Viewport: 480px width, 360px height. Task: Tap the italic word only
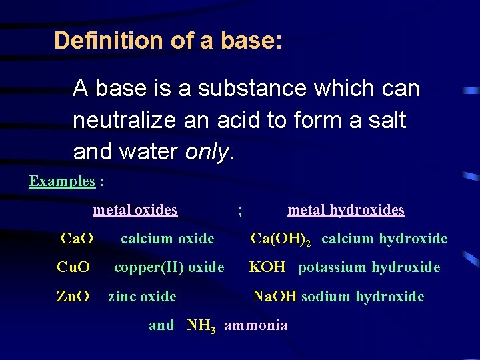pos(207,152)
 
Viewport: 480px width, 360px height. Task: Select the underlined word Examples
pos(62,181)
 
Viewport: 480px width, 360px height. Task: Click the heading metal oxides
pos(135,210)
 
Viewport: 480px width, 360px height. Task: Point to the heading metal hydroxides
pos(345,210)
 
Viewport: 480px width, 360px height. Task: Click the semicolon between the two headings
pos(240,211)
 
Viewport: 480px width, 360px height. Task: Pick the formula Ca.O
pos(77,239)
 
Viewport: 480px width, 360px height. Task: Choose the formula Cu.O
pos(73,267)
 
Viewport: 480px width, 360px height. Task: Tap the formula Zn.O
pos(73,296)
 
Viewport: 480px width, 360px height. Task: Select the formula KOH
pos(267,267)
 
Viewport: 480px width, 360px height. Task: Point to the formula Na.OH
pos(275,296)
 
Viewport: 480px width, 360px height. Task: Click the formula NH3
pos(201,326)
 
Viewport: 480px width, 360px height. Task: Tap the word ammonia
pos(256,325)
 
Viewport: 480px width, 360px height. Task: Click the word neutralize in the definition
pos(127,121)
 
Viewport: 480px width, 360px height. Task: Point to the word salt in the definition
pos(385,121)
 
